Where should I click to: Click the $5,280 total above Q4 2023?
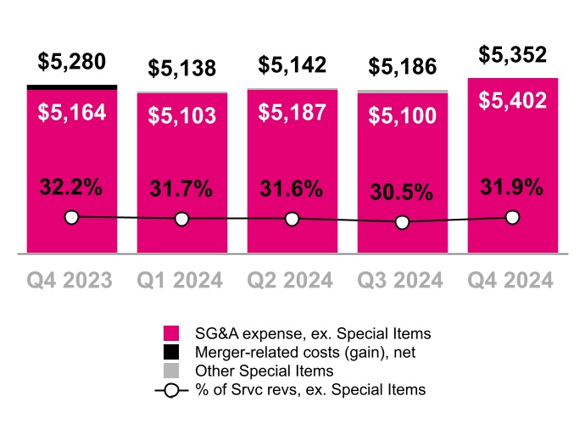[71, 63]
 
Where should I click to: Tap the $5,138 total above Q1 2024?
[181, 68]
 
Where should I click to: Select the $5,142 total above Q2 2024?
[292, 64]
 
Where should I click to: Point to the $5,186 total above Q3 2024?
[402, 68]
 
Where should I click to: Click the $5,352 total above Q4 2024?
[512, 55]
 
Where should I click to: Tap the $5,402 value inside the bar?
[512, 100]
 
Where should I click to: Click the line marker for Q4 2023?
[71, 218]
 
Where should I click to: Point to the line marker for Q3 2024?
[403, 223]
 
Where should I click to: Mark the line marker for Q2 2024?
[292, 219]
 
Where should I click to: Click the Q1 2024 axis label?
[181, 280]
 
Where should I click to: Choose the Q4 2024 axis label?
[512, 280]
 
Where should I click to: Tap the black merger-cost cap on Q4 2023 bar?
[71, 86]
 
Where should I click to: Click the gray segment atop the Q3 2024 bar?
[402, 91]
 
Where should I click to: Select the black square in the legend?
[172, 351]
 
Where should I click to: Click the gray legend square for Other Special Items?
[172, 371]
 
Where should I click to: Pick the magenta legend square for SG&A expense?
[172, 332]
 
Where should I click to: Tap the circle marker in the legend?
[172, 389]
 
